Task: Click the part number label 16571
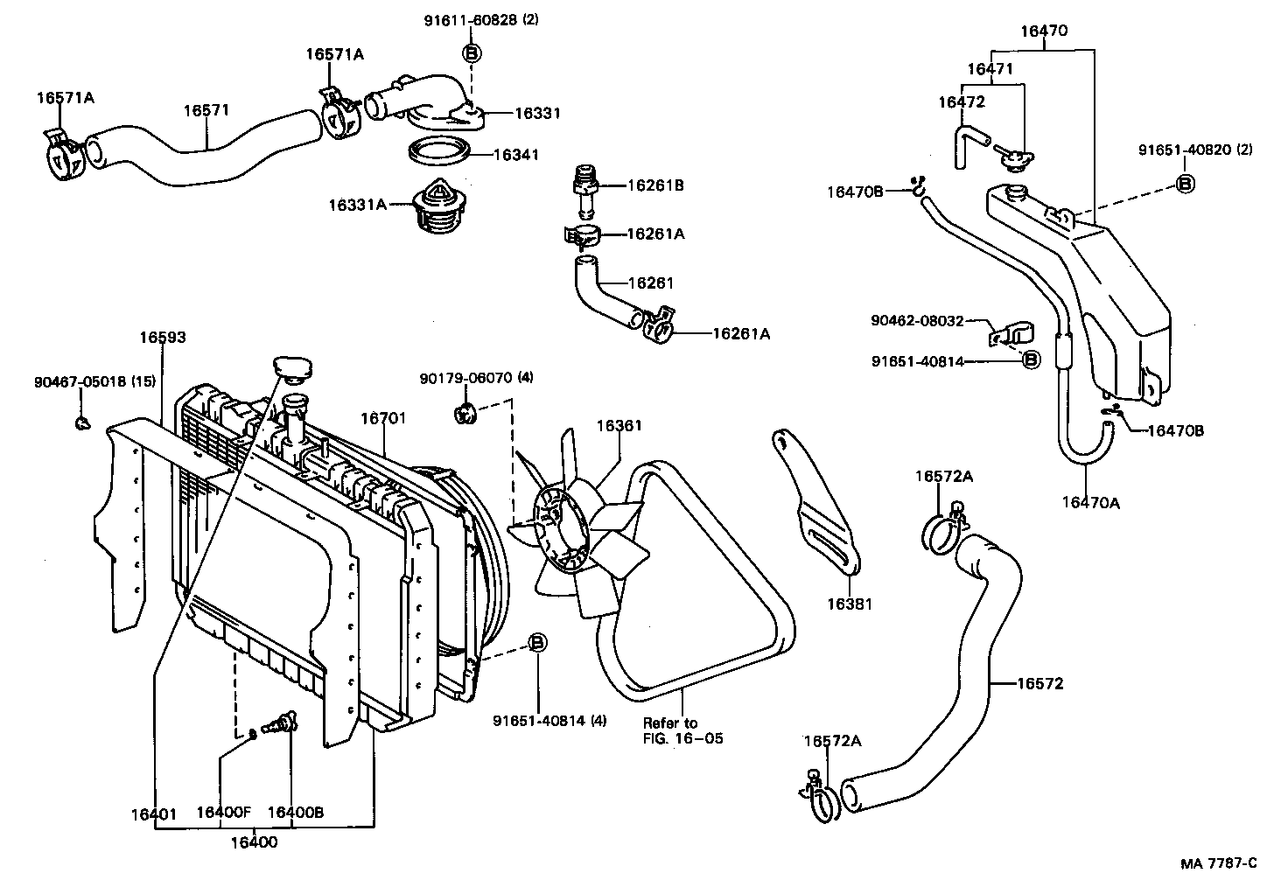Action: [206, 110]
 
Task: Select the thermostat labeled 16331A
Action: [435, 207]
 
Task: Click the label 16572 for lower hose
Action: [1039, 684]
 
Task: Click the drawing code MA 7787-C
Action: [1218, 863]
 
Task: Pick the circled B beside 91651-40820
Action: [1185, 183]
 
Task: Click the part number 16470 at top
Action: [1044, 31]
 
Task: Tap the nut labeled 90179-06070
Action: [465, 414]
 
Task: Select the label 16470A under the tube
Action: [1090, 502]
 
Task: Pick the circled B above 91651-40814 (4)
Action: [538, 643]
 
